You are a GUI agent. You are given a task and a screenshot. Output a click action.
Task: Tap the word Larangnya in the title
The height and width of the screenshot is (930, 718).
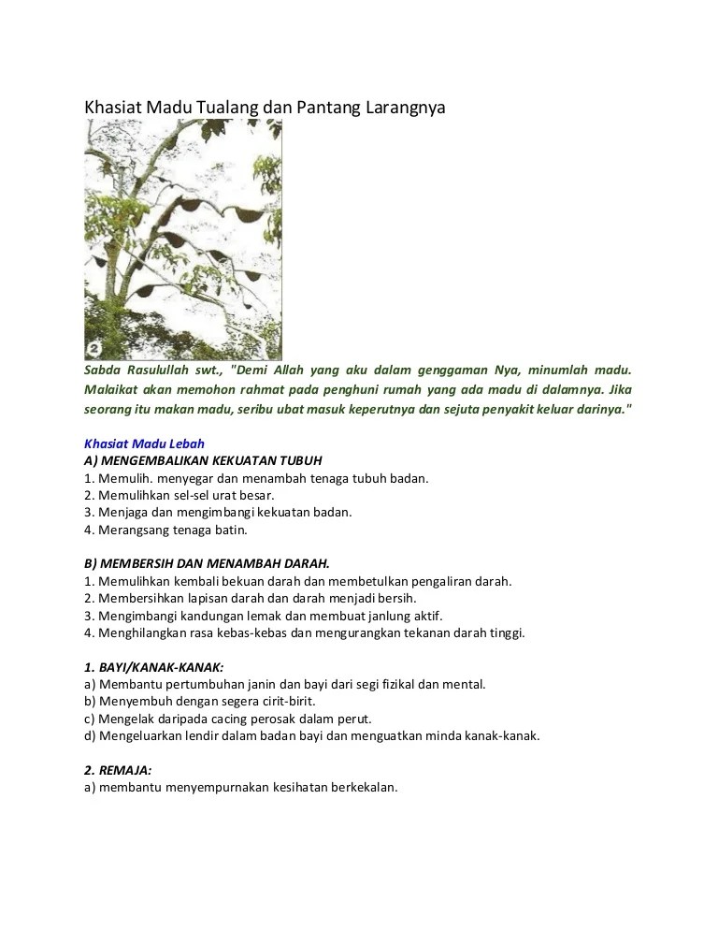point(403,108)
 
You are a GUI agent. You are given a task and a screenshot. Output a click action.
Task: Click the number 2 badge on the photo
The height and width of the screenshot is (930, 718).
point(94,350)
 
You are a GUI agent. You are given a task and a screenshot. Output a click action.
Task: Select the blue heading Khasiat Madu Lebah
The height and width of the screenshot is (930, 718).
point(145,443)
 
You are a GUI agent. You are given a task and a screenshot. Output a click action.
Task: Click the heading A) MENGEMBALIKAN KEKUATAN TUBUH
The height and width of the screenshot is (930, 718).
point(203,460)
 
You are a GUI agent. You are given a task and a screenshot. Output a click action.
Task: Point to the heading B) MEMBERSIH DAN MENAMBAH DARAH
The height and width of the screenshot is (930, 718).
point(207,563)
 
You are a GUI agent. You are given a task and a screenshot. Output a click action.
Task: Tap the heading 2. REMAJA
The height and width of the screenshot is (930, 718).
point(118,770)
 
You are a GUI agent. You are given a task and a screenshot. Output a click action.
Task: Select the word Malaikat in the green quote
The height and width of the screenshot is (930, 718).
point(111,390)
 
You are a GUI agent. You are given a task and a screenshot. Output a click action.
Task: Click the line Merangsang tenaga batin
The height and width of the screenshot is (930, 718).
point(172,530)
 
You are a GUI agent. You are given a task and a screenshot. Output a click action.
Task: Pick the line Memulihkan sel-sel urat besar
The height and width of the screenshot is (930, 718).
point(186,495)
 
